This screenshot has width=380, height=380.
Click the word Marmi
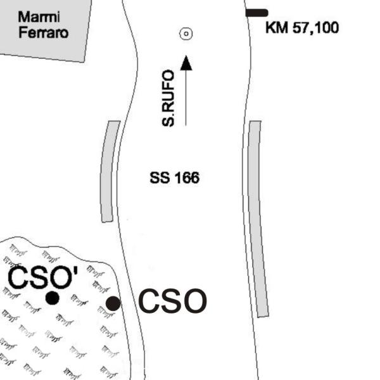(x=39, y=17)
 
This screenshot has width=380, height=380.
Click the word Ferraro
(x=43, y=33)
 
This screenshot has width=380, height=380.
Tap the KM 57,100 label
(x=302, y=28)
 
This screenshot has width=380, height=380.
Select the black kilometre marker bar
(x=256, y=13)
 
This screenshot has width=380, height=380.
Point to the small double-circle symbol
(x=186, y=34)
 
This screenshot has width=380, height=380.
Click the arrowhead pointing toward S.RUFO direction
(x=186, y=63)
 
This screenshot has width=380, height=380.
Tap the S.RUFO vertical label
(x=168, y=98)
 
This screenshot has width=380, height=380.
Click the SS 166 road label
(x=175, y=177)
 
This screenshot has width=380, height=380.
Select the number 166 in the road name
(x=187, y=177)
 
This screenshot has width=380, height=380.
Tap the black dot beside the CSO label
(x=113, y=303)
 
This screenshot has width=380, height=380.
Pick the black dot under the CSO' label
(x=53, y=298)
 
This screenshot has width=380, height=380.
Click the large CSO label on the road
(x=172, y=301)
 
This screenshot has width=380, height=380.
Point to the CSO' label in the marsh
(x=43, y=277)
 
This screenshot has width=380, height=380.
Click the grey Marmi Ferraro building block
(x=44, y=29)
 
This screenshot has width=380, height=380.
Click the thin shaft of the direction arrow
(x=186, y=98)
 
